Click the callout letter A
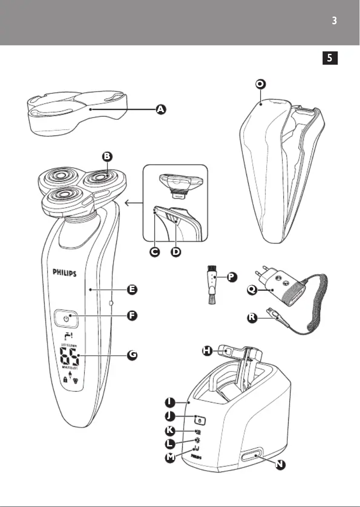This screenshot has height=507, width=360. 160,109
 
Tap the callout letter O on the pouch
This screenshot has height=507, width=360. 260,84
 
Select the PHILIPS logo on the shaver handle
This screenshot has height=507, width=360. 65,272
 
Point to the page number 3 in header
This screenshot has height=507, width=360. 334,21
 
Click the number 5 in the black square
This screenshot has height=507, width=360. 330,58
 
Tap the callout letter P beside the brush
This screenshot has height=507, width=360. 231,277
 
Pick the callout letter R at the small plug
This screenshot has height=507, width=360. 254,318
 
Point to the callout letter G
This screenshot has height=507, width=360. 132,354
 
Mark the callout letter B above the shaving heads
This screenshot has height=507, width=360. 107,157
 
